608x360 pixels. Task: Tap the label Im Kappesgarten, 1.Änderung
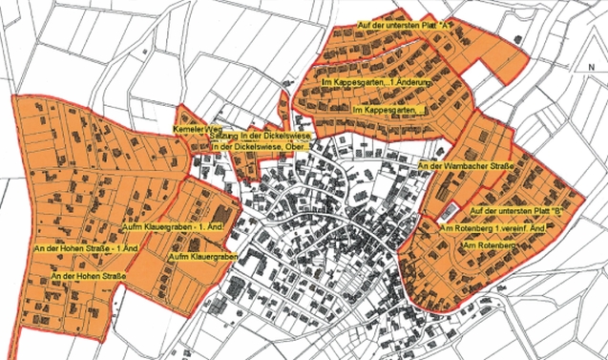pos(378,87)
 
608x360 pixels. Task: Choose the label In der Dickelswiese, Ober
pos(261,147)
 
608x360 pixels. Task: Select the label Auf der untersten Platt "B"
pos(514,209)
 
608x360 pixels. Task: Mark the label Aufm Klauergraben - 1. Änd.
pos(174,226)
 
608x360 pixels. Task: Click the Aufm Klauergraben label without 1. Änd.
pos(202,258)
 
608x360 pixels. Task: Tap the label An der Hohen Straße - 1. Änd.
pos(87,248)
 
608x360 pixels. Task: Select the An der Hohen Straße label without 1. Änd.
pos(89,277)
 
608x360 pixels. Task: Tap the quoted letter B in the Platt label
pos(553,209)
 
